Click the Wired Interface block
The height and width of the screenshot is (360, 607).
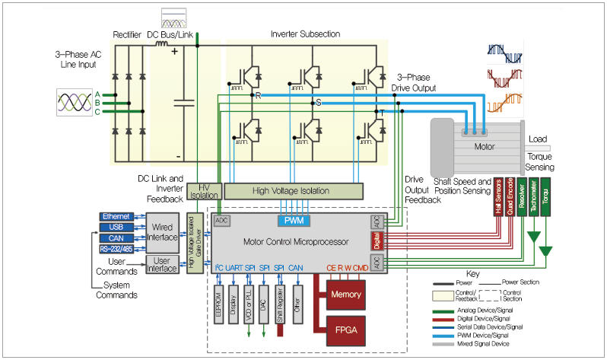pos(163,232)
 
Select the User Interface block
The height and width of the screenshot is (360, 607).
pos(163,264)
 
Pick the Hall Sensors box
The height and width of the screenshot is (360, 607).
pos(499,197)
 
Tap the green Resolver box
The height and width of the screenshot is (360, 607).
pos(521,197)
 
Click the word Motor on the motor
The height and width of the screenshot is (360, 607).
pos(485,145)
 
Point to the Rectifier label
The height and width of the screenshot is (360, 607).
pos(127,34)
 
